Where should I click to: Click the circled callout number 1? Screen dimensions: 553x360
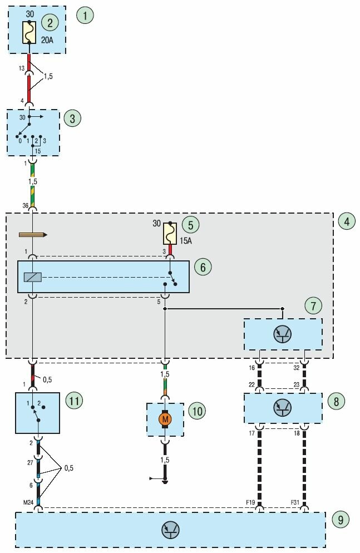tap(85, 15)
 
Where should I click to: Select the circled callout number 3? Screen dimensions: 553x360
tap(72, 118)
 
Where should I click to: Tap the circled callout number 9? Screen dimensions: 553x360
tap(340, 520)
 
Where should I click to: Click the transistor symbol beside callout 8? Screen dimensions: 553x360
tap(282, 408)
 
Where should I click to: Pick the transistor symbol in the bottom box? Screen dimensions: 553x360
tap(170, 530)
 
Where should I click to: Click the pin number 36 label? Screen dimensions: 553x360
tap(25, 206)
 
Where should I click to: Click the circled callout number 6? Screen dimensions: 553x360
tap(203, 267)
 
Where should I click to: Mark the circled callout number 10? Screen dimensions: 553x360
tap(197, 411)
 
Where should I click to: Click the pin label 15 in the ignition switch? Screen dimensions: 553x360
tap(38, 150)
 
